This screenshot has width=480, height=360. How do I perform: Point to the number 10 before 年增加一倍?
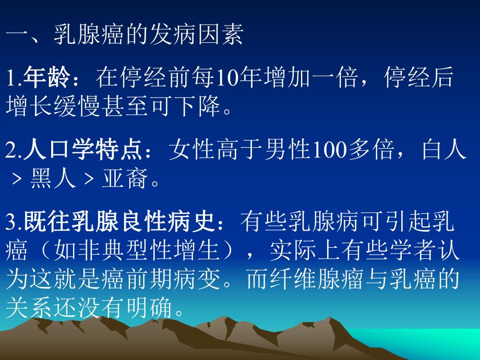(223, 78)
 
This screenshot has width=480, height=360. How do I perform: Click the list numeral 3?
(10, 223)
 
